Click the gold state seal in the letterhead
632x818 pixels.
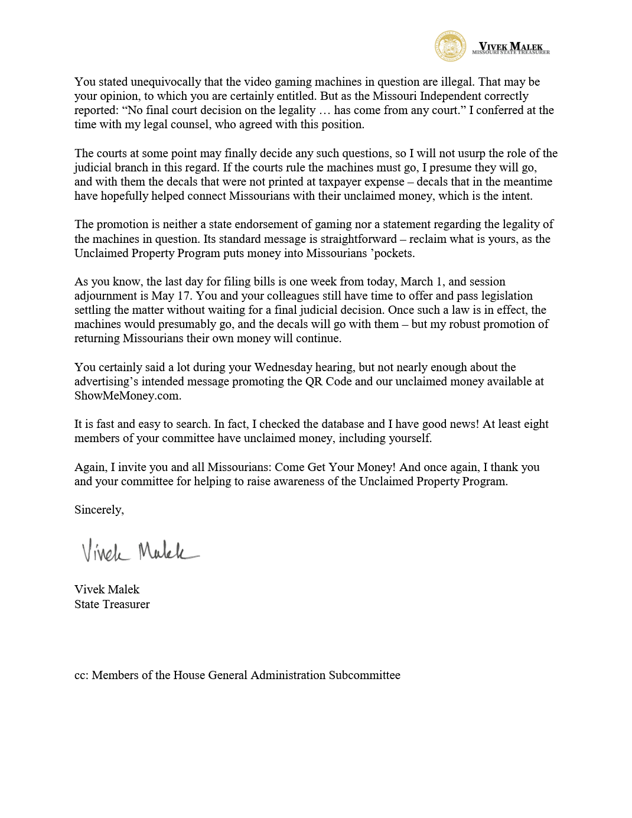click(450, 46)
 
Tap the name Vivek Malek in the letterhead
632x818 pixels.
click(510, 46)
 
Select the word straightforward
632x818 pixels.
click(353, 239)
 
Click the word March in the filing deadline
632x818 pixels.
click(416, 281)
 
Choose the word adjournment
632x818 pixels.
click(109, 296)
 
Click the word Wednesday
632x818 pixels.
click(283, 367)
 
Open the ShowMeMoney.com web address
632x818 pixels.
click(128, 395)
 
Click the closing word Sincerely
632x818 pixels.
click(99, 509)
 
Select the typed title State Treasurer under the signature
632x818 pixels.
click(112, 604)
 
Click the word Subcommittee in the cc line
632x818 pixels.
click(364, 675)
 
